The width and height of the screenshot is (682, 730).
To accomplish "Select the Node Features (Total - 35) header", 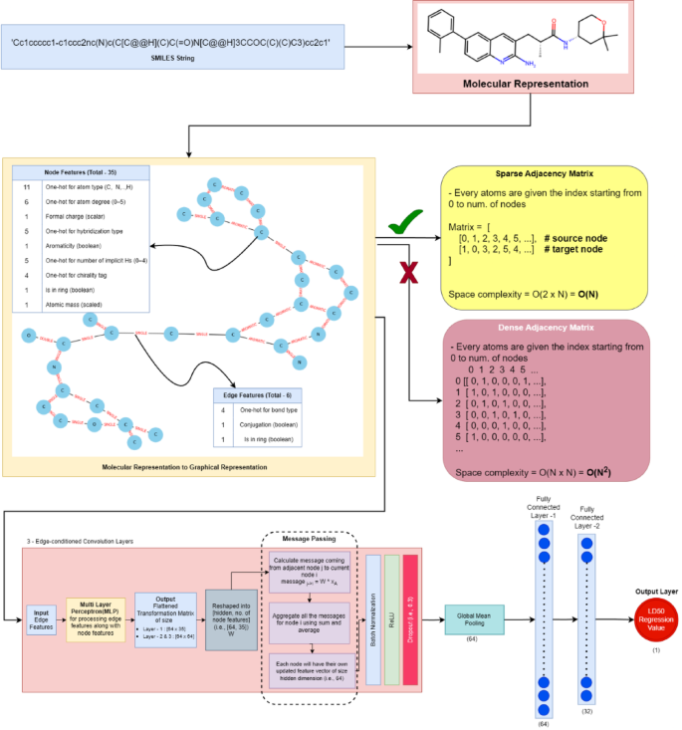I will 81,171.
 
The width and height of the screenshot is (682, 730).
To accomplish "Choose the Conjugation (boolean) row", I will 266,423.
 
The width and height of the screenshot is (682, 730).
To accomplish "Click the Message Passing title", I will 311,539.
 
